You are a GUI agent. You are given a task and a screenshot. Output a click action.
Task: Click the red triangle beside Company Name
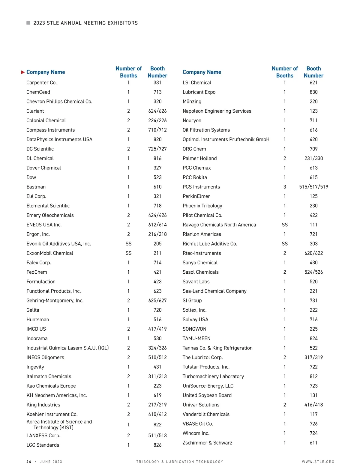coord(23,72)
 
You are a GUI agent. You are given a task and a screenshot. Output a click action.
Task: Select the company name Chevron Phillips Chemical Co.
coord(59,102)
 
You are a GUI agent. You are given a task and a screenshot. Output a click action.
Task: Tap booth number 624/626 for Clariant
coord(157,111)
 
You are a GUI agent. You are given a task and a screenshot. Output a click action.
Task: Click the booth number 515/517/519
coord(313,187)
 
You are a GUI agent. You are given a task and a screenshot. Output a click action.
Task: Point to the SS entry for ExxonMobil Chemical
coord(128,253)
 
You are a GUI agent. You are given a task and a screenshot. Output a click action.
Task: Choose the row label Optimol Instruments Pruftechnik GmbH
coord(226,139)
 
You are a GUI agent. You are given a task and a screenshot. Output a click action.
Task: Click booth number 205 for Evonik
coord(157,244)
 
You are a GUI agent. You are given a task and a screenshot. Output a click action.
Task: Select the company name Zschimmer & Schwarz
coord(207,443)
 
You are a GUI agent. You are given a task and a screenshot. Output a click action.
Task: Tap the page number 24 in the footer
coord(29,462)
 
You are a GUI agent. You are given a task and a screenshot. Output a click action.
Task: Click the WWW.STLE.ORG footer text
coord(318,462)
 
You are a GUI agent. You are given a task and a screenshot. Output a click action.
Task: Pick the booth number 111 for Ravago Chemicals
coord(313,225)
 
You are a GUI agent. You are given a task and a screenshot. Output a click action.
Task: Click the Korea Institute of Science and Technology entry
coord(59,424)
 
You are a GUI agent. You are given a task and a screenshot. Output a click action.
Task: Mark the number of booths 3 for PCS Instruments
coord(285,187)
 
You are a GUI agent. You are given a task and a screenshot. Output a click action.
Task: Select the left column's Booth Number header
coord(157,72)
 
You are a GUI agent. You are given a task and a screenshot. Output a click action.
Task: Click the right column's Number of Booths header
coord(285,72)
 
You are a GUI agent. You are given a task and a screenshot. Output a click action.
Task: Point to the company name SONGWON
coord(194,329)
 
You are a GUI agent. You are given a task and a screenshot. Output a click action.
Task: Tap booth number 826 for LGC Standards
coord(157,445)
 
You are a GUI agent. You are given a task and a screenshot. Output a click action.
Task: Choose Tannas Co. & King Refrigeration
coord(217,348)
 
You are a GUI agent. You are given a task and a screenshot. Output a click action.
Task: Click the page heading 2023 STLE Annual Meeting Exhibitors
coord(85,23)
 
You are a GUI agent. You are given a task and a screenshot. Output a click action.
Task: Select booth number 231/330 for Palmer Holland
coord(313,158)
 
